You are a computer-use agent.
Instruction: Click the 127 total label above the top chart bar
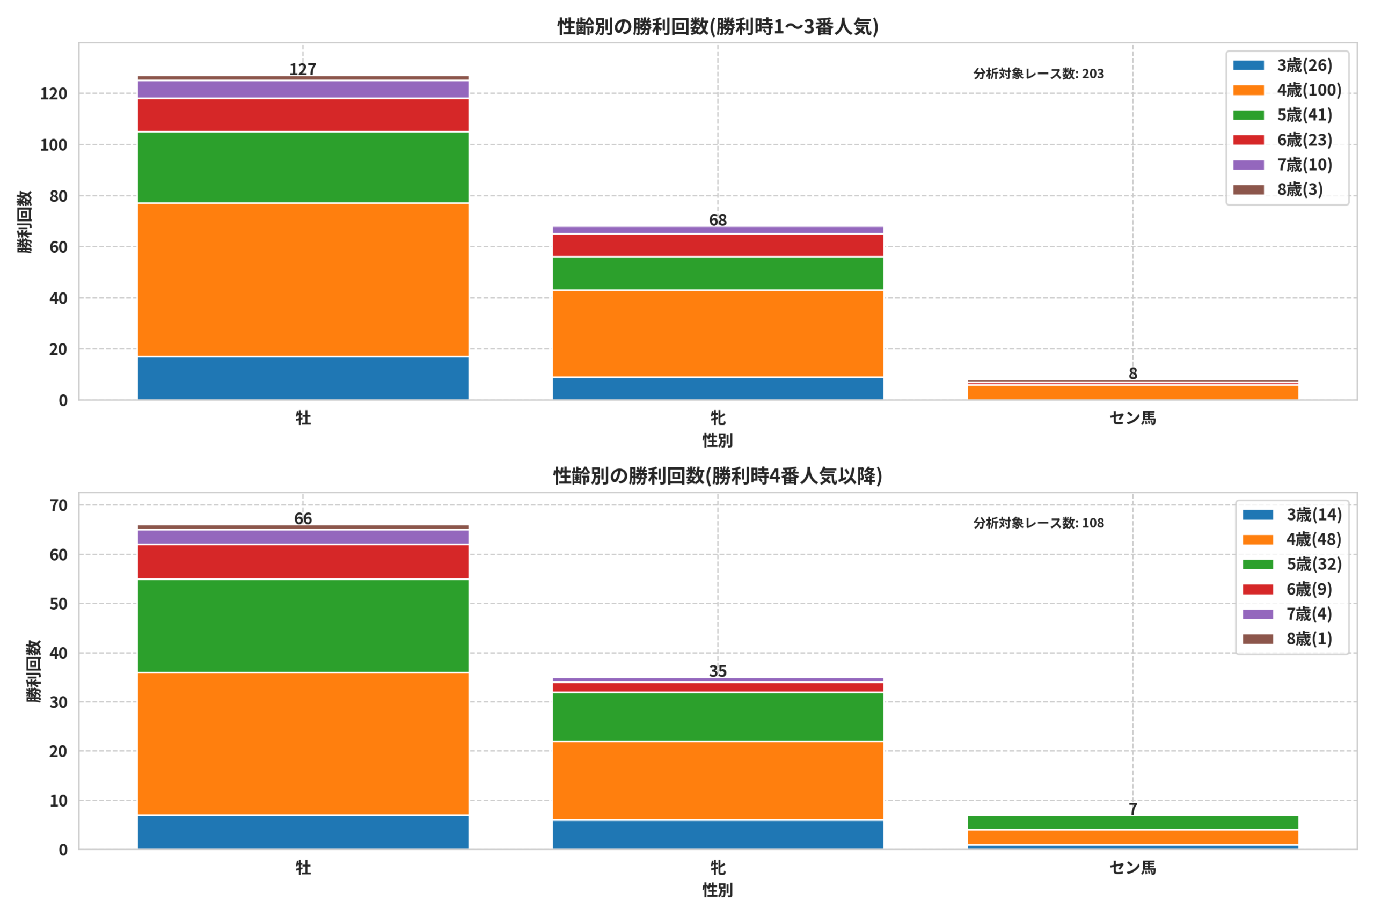[x=303, y=70]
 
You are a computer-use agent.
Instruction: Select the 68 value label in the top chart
[x=718, y=220]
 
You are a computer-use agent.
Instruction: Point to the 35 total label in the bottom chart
[x=718, y=671]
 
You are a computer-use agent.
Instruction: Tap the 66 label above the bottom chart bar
[x=303, y=519]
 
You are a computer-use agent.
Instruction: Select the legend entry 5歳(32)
[x=1292, y=565]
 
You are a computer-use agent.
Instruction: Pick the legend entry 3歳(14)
[x=1292, y=515]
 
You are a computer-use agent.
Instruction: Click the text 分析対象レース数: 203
[x=1039, y=74]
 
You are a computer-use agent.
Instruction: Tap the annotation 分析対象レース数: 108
[x=1039, y=523]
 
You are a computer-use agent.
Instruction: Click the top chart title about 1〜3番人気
[x=718, y=27]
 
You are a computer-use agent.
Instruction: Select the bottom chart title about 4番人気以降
[x=718, y=476]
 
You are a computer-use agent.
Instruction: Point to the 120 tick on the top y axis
[x=54, y=93]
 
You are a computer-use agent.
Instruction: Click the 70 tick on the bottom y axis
[x=59, y=505]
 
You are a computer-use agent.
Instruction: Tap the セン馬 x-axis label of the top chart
[x=1132, y=417]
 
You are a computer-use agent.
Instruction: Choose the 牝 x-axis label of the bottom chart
[x=718, y=868]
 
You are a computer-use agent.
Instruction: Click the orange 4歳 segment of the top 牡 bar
[x=303, y=280]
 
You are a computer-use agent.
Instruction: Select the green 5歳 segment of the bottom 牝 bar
[x=718, y=717]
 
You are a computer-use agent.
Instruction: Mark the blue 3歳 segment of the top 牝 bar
[x=718, y=389]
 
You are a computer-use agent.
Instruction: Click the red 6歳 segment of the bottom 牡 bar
[x=303, y=562]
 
